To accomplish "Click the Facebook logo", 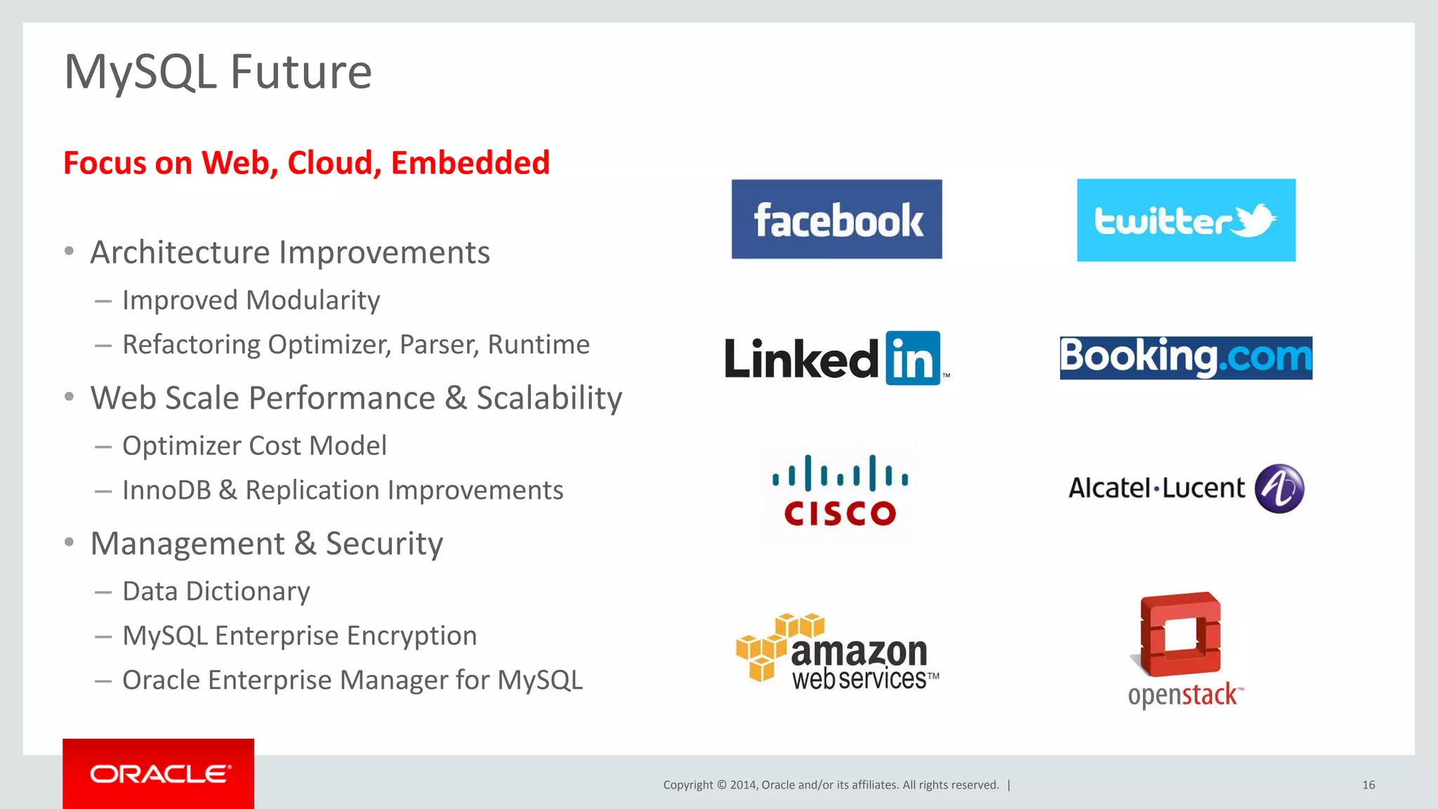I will point(836,220).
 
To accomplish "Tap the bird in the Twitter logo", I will point(1255,221).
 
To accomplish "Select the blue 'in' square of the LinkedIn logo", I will point(913,358).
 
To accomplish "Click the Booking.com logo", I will point(1185,357).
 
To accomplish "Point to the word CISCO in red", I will point(840,513).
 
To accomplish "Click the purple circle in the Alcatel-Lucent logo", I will point(1279,489).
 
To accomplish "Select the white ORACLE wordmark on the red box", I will point(159,774).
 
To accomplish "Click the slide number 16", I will point(1368,785).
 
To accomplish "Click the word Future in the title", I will point(301,72).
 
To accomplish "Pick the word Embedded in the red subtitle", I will point(470,163).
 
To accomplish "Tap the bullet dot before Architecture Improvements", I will point(69,251).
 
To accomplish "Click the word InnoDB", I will point(166,490).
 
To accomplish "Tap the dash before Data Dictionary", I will point(103,593).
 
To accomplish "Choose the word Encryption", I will point(411,636).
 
